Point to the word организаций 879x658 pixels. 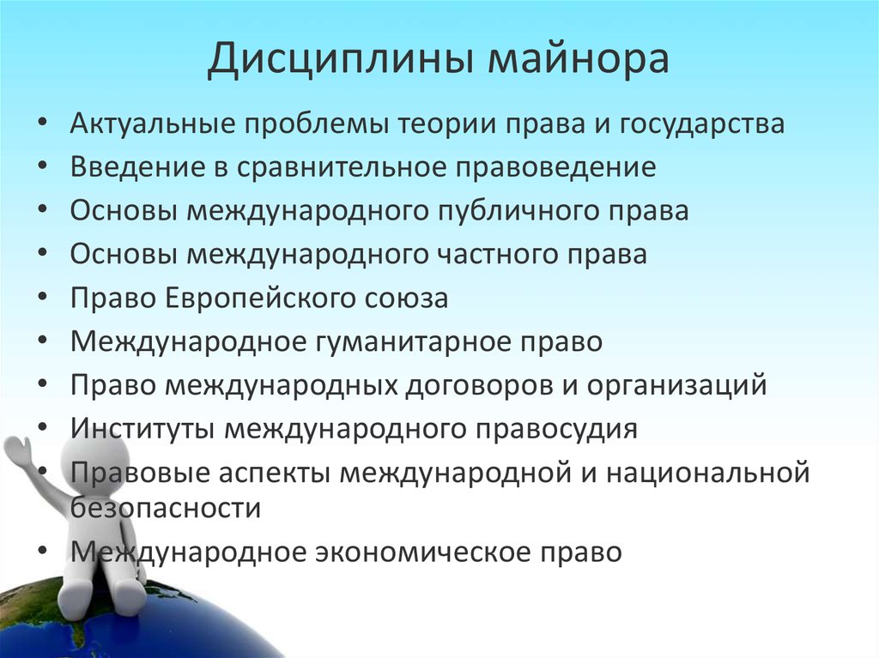coord(676,386)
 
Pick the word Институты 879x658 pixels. coord(142,428)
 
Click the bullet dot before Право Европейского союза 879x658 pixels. coord(43,299)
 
